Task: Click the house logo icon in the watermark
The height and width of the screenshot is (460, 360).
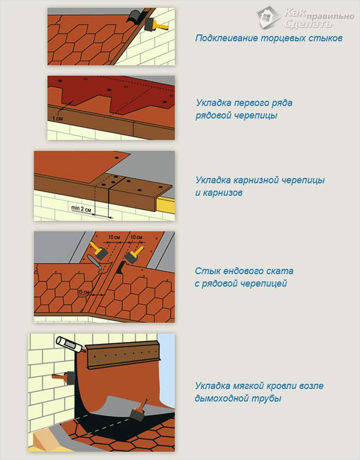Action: (x=268, y=17)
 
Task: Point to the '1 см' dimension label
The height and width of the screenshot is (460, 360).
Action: (x=58, y=119)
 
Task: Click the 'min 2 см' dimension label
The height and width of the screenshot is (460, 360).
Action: (x=81, y=209)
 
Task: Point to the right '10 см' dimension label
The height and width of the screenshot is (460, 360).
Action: (x=136, y=237)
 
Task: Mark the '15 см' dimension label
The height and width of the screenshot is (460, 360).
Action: (x=84, y=292)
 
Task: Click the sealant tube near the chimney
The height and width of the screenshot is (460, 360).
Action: (x=71, y=344)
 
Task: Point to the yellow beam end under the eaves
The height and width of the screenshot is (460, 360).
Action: (x=166, y=205)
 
